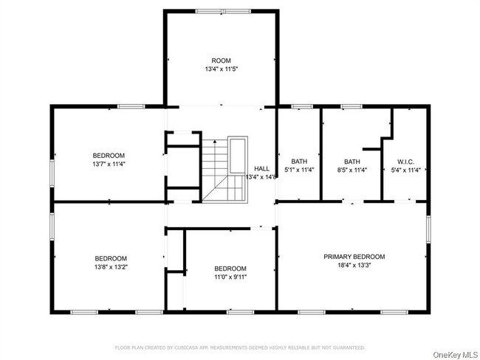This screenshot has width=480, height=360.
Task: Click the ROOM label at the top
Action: [222, 60]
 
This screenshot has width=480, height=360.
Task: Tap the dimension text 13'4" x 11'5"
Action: [222, 69]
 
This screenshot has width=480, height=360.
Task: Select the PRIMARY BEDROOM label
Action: [354, 257]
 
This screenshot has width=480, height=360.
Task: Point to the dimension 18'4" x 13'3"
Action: [354, 266]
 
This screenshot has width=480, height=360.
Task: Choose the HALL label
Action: [262, 168]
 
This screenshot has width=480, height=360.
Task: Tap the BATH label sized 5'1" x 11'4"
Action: [298, 162]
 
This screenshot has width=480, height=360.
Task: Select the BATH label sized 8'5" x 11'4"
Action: [352, 162]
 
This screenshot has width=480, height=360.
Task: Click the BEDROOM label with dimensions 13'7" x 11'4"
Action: [109, 155]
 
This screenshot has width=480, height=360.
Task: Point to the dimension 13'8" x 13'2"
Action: [111, 266]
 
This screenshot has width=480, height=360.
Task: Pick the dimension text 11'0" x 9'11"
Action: [230, 277]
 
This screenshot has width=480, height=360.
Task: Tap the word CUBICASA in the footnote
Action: [193, 347]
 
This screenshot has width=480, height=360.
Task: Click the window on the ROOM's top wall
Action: [222, 11]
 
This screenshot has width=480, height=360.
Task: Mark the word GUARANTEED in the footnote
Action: [350, 347]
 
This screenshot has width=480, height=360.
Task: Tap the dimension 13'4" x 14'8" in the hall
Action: [262, 177]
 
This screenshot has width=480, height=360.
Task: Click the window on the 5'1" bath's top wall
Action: [301, 108]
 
